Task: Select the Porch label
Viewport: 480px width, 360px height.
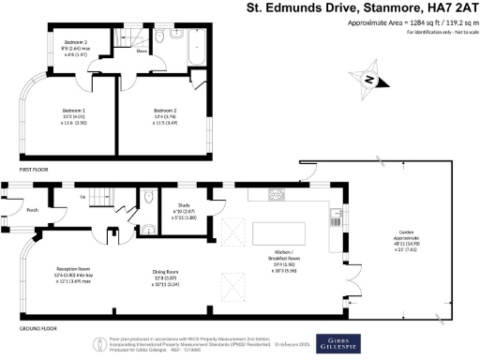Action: point(32,210)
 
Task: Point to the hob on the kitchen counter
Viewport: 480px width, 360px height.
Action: point(277,195)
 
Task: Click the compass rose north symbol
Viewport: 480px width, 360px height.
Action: point(370,81)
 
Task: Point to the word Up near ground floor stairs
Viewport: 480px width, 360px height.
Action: point(83,197)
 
